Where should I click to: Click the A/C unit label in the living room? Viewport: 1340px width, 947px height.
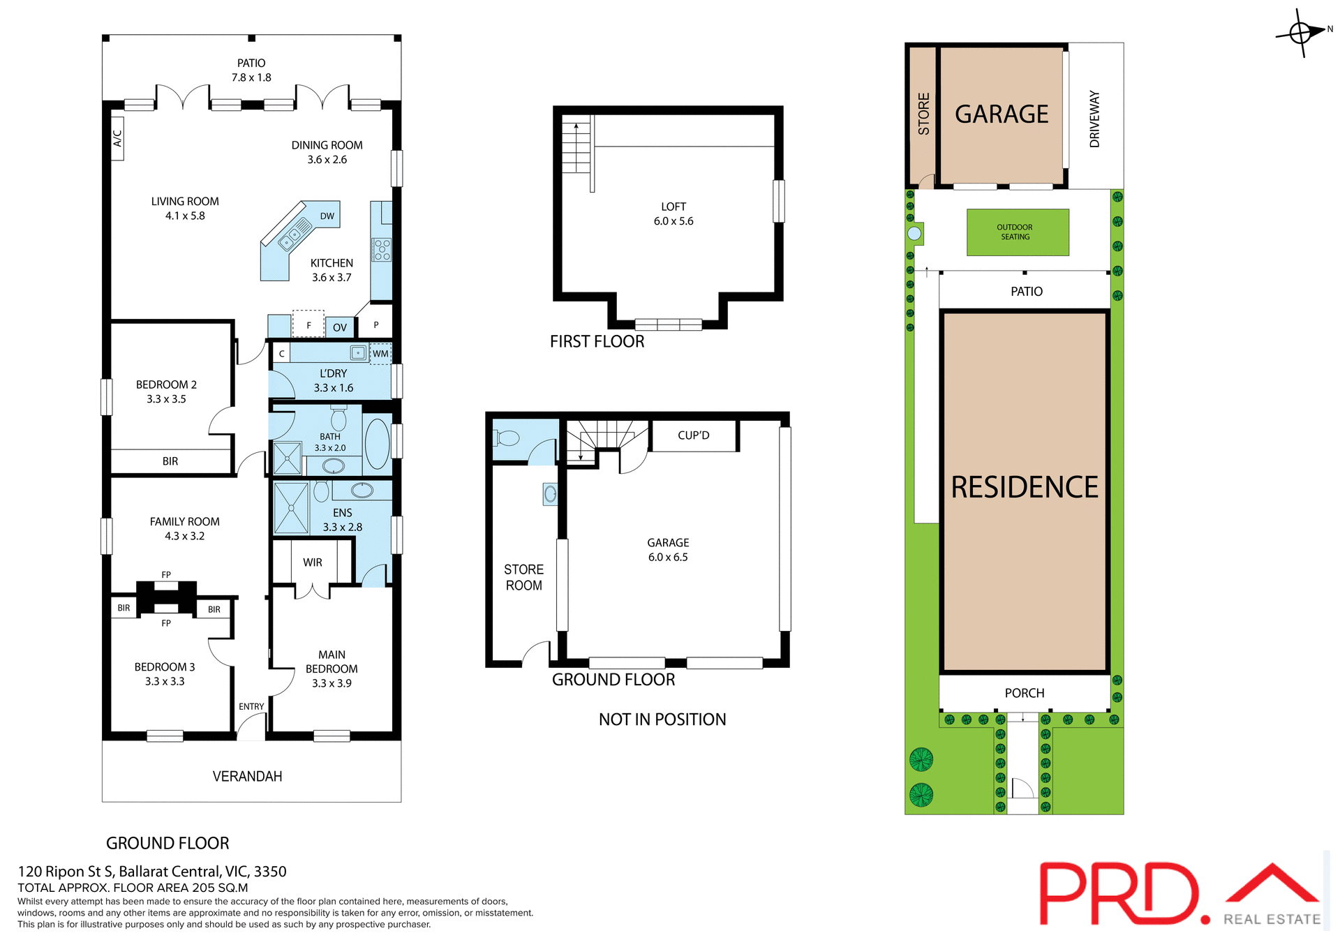(117, 138)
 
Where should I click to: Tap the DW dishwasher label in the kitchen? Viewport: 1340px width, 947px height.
(327, 216)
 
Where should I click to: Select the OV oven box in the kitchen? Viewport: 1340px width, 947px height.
(340, 327)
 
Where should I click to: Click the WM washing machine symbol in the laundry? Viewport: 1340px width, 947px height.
(380, 354)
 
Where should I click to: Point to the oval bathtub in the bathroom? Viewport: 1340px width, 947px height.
(377, 443)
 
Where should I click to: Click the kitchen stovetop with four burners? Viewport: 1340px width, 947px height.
(382, 250)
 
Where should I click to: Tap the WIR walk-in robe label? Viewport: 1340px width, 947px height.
(312, 562)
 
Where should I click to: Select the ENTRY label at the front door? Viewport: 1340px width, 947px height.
(251, 706)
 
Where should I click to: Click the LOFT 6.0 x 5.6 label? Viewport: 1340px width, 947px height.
(673, 214)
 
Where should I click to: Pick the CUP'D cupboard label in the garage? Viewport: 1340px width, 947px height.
(693, 435)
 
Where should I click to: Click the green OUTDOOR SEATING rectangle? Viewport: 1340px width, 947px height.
(1017, 232)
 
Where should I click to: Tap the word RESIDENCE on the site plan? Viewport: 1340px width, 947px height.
(1024, 487)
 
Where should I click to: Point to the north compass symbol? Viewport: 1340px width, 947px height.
(1301, 32)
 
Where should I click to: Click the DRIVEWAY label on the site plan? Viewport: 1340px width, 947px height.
(1094, 119)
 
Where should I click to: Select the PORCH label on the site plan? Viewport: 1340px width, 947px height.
(1024, 693)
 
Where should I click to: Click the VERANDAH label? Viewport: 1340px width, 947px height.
(247, 776)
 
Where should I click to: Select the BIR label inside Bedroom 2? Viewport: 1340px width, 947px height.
(170, 461)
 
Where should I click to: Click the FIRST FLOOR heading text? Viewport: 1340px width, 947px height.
(597, 341)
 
